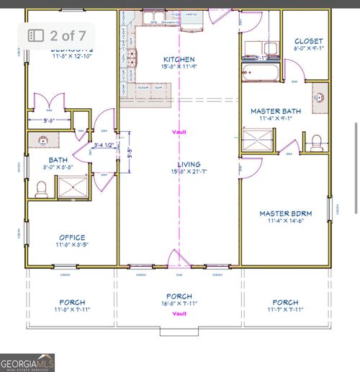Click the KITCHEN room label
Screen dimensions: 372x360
click(179, 58)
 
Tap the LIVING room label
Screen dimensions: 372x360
click(179, 164)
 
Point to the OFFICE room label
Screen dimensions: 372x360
click(72, 237)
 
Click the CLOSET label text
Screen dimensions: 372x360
click(309, 41)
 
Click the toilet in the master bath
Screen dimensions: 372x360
click(316, 138)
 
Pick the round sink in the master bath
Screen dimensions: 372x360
click(320, 97)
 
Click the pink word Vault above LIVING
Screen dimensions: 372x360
click(179, 132)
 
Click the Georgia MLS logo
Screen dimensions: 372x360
click(27, 361)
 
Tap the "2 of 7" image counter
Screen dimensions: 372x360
click(60, 34)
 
